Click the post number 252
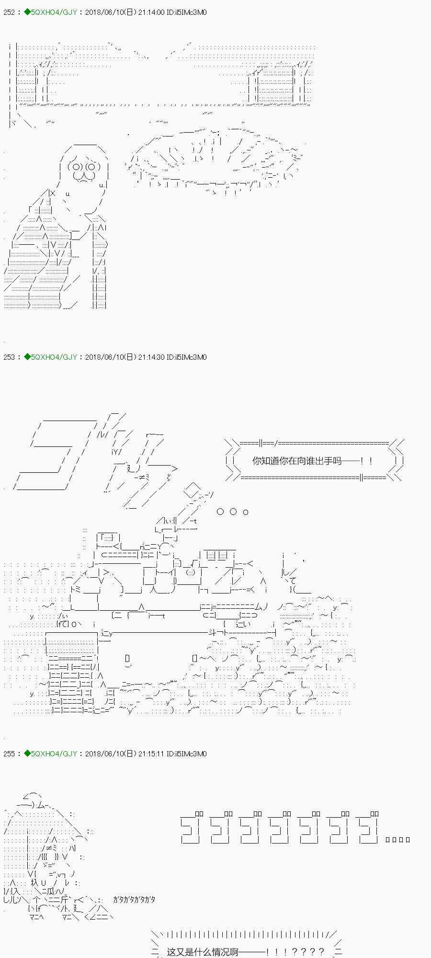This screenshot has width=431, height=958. click(8, 12)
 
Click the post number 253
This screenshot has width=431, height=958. click(8, 357)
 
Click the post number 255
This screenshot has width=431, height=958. click(8, 753)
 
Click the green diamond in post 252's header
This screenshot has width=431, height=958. click(27, 12)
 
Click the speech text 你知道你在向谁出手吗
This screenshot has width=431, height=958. click(297, 461)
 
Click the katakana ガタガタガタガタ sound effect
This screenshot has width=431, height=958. click(134, 900)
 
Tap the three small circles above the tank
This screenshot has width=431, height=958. click(233, 512)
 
